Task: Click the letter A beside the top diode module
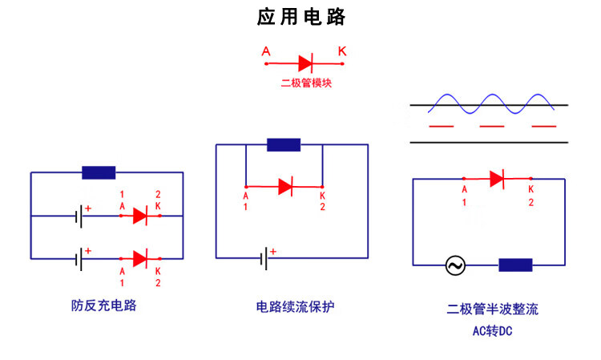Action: pyautogui.click(x=266, y=52)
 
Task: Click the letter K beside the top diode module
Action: pyautogui.click(x=342, y=52)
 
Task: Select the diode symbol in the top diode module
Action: pyautogui.click(x=305, y=63)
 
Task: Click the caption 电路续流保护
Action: pyautogui.click(x=294, y=306)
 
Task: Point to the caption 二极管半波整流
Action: pyautogui.click(x=492, y=309)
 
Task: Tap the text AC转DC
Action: pyautogui.click(x=491, y=330)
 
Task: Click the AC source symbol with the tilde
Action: pyautogui.click(x=455, y=265)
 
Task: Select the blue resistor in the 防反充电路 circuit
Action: pyautogui.click(x=99, y=172)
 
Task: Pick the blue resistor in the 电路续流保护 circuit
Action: pyautogui.click(x=284, y=145)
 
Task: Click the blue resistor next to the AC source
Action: pyautogui.click(x=515, y=265)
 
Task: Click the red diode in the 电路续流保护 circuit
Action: pyautogui.click(x=285, y=187)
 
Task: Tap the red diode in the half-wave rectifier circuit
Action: pyautogui.click(x=496, y=178)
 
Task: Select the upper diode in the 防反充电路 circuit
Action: pyautogui.click(x=140, y=215)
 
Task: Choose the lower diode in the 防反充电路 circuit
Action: pyautogui.click(x=140, y=258)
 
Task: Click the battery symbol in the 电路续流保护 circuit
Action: pyautogui.click(x=264, y=258)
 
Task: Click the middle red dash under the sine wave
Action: pyautogui.click(x=491, y=127)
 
